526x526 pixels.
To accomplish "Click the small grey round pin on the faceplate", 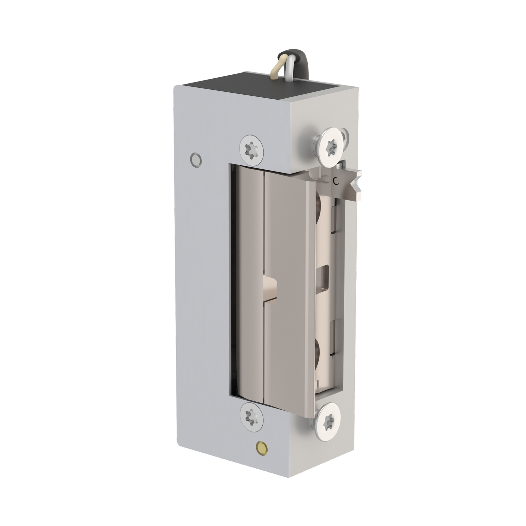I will coord(196,159).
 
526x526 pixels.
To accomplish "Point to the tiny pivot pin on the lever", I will coord(335,180).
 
